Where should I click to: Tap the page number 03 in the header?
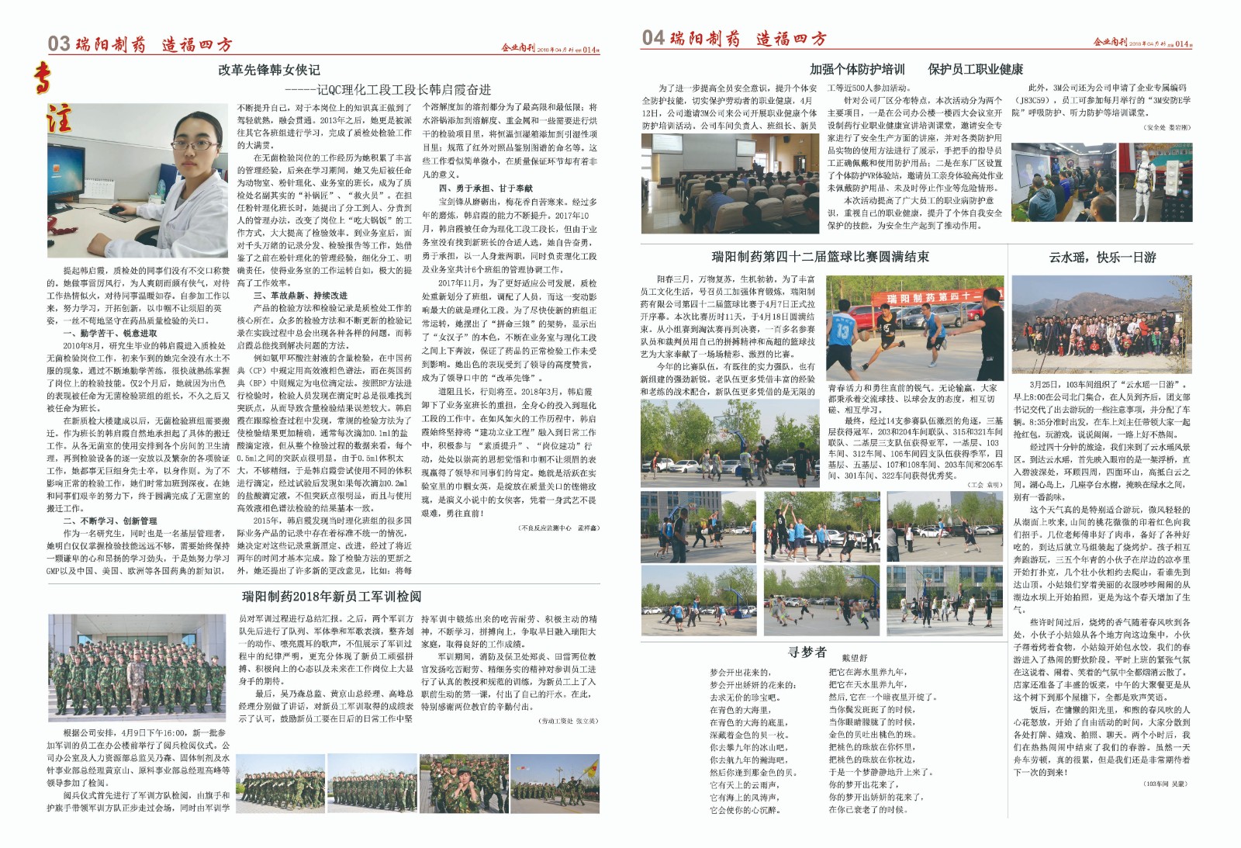(58, 43)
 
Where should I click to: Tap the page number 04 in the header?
(653, 37)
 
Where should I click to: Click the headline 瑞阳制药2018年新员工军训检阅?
(331, 596)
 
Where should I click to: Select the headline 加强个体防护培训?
(857, 69)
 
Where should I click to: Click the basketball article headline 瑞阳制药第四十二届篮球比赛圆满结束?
(820, 257)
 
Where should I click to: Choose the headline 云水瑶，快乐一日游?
(1102, 257)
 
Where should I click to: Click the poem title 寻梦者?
(807, 652)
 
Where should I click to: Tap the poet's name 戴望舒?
(854, 657)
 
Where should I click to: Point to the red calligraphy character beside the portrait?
(60, 117)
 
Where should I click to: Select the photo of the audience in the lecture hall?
(729, 183)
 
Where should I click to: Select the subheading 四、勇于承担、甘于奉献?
(486, 188)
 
